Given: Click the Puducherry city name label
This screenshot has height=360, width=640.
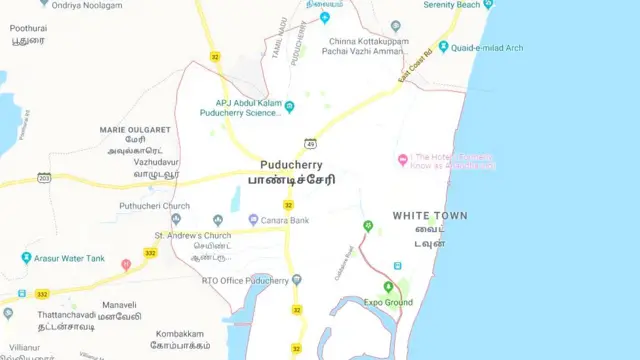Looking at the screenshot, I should [297, 164].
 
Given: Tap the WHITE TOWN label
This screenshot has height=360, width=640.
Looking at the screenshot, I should [429, 216].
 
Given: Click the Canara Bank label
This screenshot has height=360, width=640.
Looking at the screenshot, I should [285, 220].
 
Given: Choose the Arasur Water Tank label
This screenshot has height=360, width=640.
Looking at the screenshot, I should [68, 258].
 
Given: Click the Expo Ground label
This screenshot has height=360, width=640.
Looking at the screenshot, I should [388, 302].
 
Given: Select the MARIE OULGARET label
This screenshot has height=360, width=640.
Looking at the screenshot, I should [135, 130].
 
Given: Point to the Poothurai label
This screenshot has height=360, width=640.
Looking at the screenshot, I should [28, 29].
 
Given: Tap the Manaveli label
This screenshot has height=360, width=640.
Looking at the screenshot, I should [118, 304].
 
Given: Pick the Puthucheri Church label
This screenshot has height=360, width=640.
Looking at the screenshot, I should [154, 206].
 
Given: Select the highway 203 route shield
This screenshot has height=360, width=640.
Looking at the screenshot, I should [44, 177].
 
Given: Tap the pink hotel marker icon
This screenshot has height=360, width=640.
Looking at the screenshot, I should [403, 160].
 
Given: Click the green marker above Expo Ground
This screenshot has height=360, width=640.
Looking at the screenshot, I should [389, 287].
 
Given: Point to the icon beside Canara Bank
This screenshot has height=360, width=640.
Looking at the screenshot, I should [253, 220].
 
